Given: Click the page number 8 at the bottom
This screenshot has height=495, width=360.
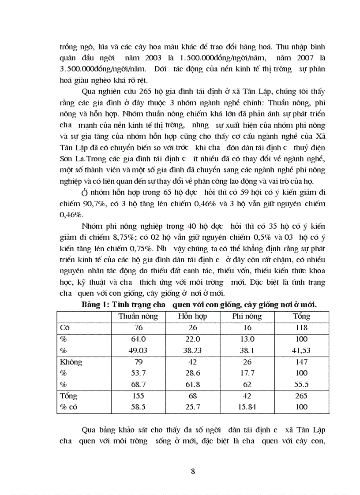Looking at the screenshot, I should pyautogui.click(x=193, y=471).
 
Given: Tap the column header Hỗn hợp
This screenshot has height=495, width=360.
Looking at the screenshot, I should pyautogui.click(x=192, y=316).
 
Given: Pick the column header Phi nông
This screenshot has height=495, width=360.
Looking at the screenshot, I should pyautogui.click(x=247, y=316).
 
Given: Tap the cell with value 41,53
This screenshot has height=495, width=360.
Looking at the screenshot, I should pyautogui.click(x=301, y=350).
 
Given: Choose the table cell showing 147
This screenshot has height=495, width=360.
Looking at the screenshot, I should pyautogui.click(x=301, y=362).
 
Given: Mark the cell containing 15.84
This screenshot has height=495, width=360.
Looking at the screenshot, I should pyautogui.click(x=247, y=407).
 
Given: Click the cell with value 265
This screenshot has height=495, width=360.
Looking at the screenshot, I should pyautogui.click(x=301, y=396).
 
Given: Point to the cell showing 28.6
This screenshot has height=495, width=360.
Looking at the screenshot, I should pyautogui.click(x=192, y=373).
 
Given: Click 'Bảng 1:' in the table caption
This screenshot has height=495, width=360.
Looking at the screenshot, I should pyautogui.click(x=95, y=305).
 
